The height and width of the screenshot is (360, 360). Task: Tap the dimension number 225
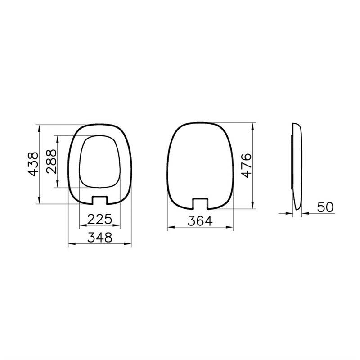[99, 219]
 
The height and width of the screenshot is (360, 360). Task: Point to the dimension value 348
[100, 238]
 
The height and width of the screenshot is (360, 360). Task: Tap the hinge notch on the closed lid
[200, 202]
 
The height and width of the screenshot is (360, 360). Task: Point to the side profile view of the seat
[297, 166]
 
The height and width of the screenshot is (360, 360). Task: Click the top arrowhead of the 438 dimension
[40, 127]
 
